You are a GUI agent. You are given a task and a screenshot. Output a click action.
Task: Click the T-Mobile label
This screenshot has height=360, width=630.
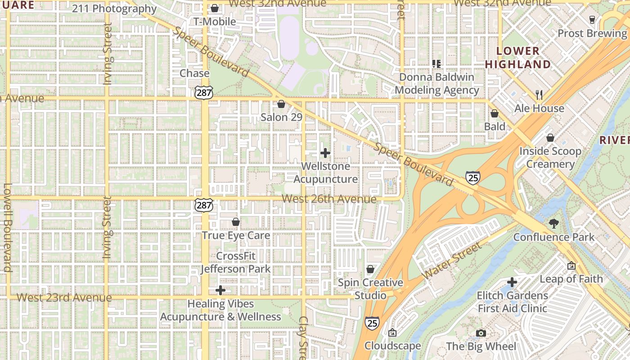215,22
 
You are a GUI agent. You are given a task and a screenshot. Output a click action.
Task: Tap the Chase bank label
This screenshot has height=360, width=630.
194,73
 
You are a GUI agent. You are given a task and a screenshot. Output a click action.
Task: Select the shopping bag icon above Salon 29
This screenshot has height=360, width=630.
281,104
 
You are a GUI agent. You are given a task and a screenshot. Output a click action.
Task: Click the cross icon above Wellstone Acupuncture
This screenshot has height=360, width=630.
325,153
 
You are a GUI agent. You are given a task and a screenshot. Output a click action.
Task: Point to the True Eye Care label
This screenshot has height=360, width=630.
236,235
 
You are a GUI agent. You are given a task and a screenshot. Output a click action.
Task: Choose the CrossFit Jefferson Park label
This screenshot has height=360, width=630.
236,262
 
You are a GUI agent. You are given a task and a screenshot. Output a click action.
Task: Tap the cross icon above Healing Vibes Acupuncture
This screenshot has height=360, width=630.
220,290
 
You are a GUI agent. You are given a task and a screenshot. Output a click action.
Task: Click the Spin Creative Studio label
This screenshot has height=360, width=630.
370,289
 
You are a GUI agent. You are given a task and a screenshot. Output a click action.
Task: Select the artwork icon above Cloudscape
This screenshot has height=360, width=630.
392,333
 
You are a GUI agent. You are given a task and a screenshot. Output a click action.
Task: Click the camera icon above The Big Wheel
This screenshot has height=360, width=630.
481,333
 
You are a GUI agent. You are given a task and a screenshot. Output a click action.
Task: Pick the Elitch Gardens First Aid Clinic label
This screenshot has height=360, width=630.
512,302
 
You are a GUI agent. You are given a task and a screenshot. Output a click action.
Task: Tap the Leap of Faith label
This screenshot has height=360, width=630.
571,279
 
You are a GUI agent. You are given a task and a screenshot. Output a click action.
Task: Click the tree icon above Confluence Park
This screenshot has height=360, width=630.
554,224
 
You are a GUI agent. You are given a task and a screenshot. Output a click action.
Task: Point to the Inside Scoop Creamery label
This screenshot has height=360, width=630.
550,157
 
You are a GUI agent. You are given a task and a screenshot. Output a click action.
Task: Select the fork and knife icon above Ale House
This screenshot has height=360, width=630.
539,95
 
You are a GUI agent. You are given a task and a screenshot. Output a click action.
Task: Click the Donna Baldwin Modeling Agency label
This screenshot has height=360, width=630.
436,84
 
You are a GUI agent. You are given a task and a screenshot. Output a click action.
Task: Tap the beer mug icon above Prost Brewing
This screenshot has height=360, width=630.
592,20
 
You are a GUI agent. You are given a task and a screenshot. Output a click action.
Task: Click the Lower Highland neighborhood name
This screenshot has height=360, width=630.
518,58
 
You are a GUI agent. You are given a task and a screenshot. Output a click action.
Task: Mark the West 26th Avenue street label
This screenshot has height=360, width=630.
329,199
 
